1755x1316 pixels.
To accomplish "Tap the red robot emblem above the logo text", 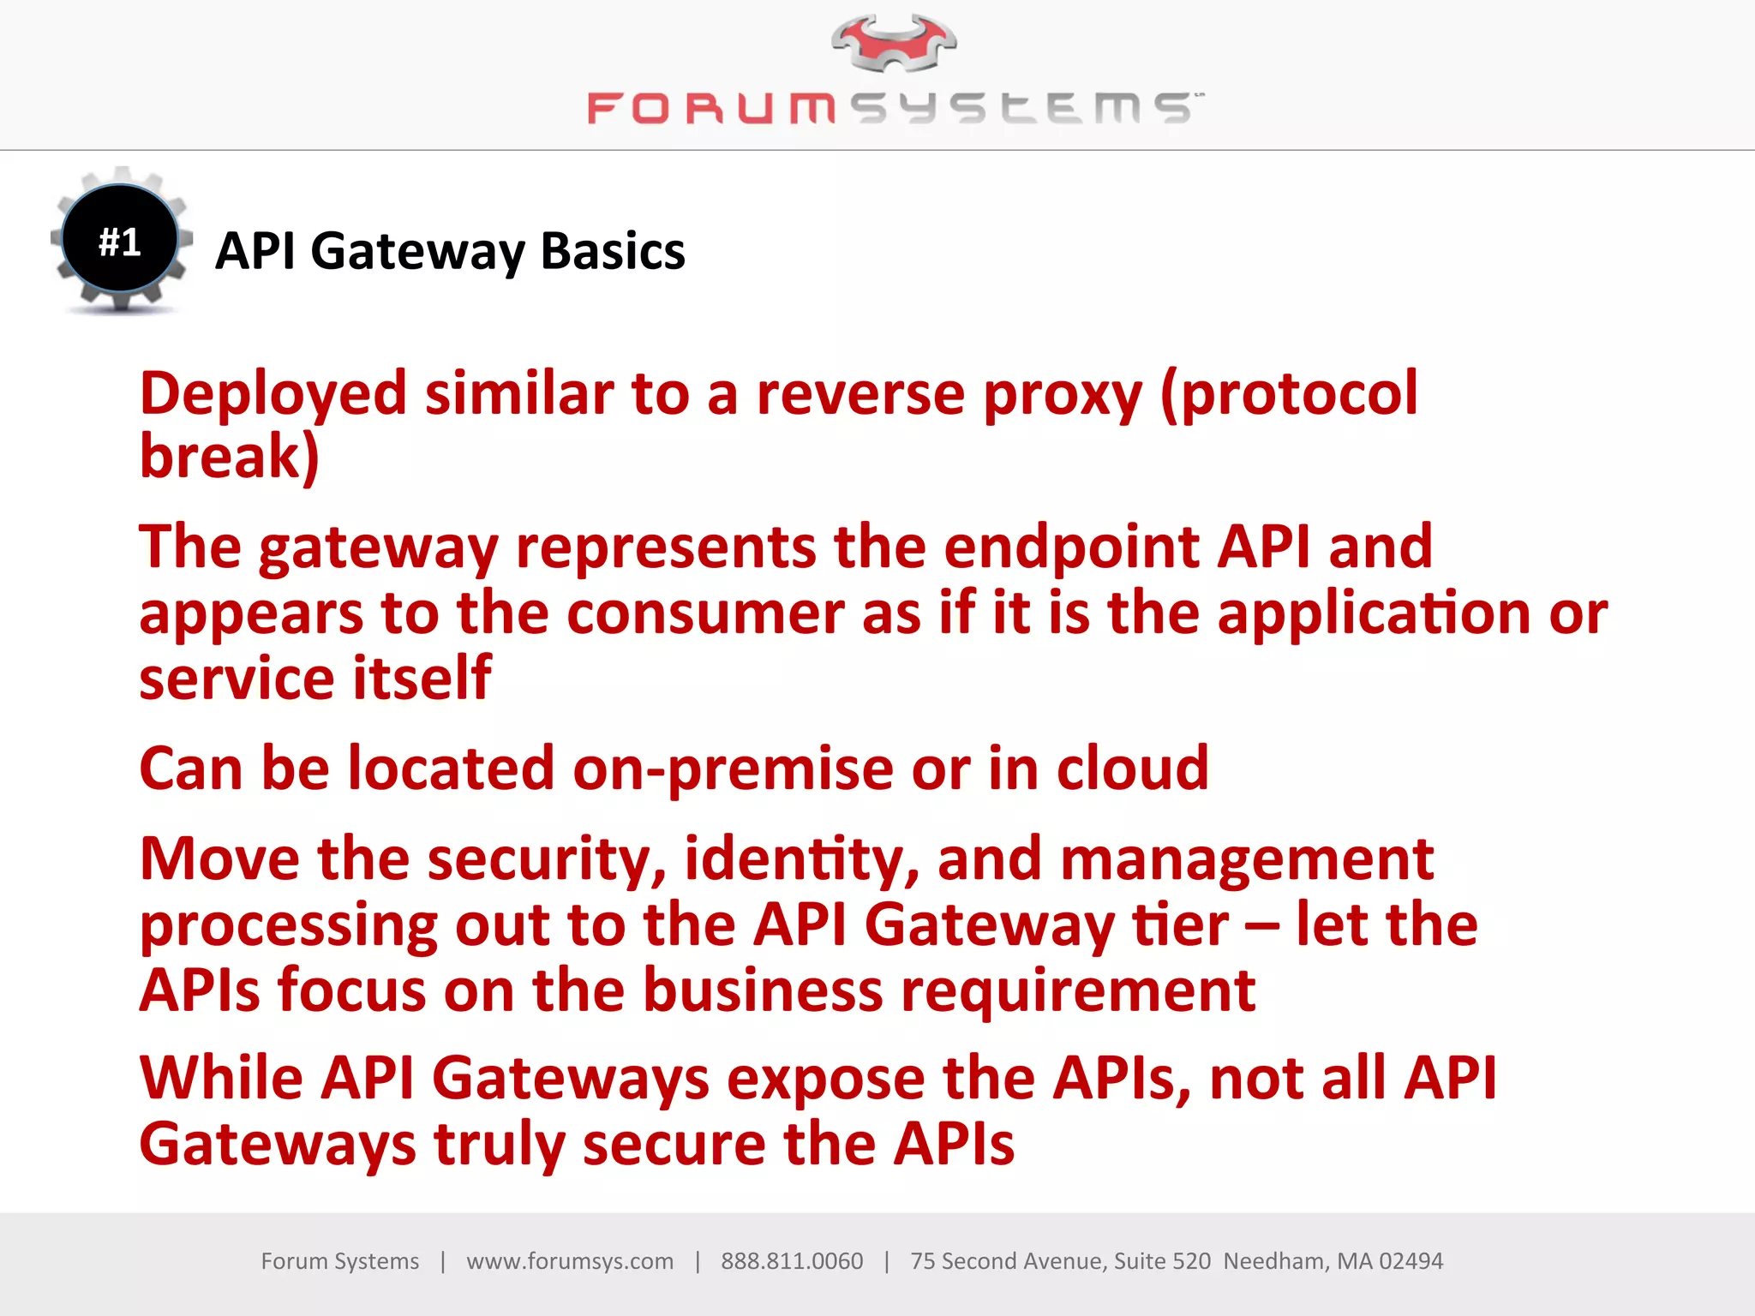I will click(x=893, y=43).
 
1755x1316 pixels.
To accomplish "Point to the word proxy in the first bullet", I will click(x=1062, y=396).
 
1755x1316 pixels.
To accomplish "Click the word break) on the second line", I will click(x=230, y=457).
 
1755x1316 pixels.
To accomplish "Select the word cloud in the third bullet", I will click(x=1131, y=769).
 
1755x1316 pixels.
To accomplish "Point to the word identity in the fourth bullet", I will click(x=802, y=859).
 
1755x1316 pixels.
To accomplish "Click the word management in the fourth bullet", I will click(x=1246, y=859).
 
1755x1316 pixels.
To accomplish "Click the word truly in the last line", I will click(x=498, y=1146).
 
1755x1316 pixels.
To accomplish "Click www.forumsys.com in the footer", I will click(x=570, y=1261).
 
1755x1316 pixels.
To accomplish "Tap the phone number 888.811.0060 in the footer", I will click(x=791, y=1261).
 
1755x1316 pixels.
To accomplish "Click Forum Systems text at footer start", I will click(x=339, y=1261).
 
